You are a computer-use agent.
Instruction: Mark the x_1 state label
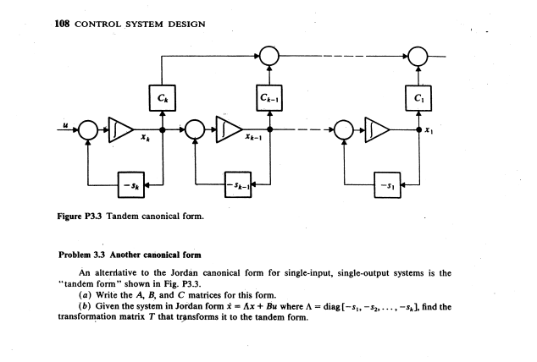tap(429, 138)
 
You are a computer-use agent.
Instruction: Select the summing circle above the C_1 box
tap(418, 55)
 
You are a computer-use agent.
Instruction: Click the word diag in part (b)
tap(368, 306)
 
